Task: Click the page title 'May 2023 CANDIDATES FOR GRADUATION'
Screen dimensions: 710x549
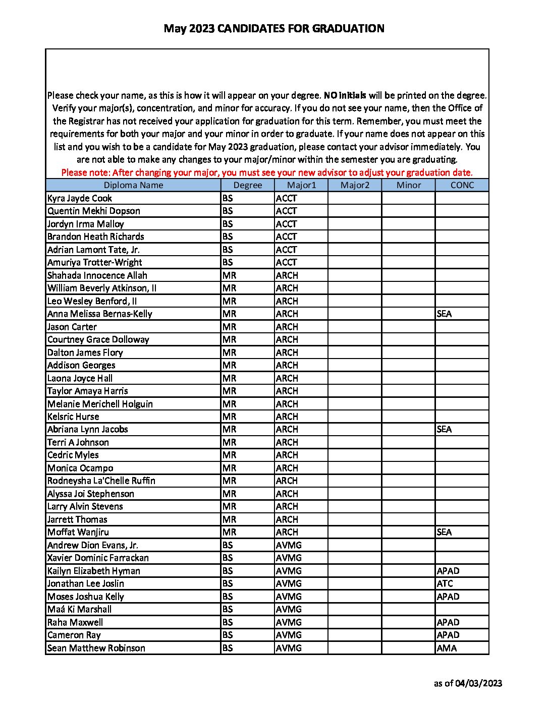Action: coord(274,29)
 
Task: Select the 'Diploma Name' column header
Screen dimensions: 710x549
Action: coord(133,185)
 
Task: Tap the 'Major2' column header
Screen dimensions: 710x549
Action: coord(355,185)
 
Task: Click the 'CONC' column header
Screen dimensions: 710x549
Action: coord(462,185)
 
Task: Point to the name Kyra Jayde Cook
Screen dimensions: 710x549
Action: coord(80,198)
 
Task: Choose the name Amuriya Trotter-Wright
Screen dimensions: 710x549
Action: coord(94,262)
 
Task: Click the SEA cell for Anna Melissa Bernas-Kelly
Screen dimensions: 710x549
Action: coord(444,314)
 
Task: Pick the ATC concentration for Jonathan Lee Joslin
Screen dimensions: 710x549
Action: coord(445,583)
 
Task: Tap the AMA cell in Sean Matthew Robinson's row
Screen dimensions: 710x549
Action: coord(447,648)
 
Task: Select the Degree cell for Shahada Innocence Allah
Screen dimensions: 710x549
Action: coord(229,275)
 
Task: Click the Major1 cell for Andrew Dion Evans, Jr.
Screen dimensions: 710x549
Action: coord(289,545)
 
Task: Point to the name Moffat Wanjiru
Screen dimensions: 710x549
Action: coord(78,532)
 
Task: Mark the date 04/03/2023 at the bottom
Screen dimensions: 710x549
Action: coord(478,684)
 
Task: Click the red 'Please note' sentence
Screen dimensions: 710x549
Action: coord(267,172)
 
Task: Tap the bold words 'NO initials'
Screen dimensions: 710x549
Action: coord(345,95)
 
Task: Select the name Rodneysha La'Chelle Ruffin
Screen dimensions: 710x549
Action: coord(101,481)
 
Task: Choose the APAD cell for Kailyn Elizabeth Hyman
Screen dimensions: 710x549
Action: coord(448,571)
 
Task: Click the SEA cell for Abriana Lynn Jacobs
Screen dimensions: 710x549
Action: coord(444,429)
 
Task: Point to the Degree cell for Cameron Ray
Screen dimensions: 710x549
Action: coord(228,635)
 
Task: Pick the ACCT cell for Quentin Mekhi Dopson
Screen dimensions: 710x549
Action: coord(287,211)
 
